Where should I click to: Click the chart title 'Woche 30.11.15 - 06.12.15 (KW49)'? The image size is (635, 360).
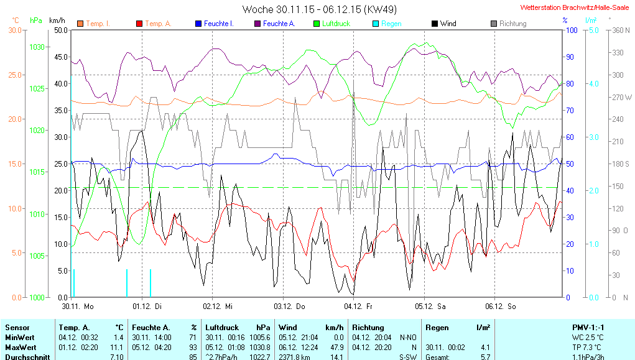click(320, 9)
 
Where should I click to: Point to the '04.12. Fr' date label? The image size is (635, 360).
click(358, 306)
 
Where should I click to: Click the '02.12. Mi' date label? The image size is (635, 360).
click(217, 306)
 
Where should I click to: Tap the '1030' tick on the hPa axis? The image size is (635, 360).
click(37, 47)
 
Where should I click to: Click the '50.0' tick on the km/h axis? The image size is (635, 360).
click(61, 30)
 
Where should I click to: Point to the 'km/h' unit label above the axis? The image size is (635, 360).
click(57, 21)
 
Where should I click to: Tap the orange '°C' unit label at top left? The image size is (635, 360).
click(16, 21)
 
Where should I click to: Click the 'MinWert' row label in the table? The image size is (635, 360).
click(19, 337)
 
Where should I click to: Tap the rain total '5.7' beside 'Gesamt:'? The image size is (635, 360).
click(485, 357)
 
